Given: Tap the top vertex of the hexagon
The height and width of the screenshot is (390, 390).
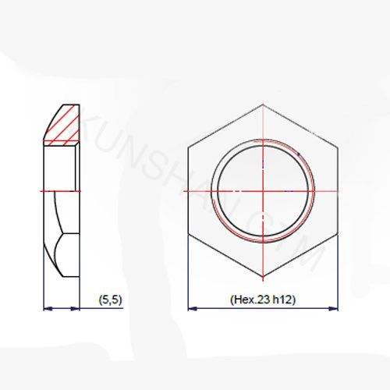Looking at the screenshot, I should [x=264, y=101].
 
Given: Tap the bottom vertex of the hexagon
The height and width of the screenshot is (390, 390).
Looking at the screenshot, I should [x=264, y=278].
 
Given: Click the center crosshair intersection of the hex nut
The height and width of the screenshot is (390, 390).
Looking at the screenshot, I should [x=264, y=190].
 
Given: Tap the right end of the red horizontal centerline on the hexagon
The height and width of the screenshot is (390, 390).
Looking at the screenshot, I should [x=343, y=190].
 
